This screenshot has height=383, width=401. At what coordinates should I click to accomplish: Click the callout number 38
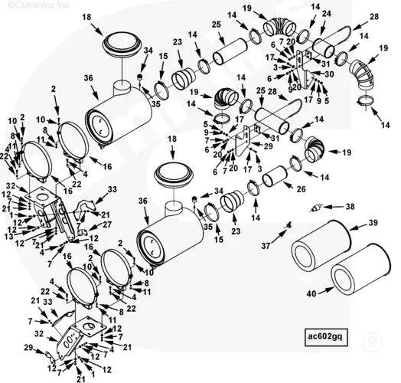tap(350, 207)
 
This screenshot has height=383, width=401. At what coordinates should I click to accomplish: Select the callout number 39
tap(373, 222)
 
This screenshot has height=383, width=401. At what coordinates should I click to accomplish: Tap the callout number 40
tap(311, 292)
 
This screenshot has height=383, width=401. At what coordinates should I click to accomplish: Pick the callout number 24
tap(327, 14)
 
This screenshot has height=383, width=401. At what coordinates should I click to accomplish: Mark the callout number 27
tap(108, 224)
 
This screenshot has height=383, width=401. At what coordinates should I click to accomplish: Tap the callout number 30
tap(329, 74)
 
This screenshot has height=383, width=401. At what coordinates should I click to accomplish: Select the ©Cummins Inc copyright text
tap(27, 5)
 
